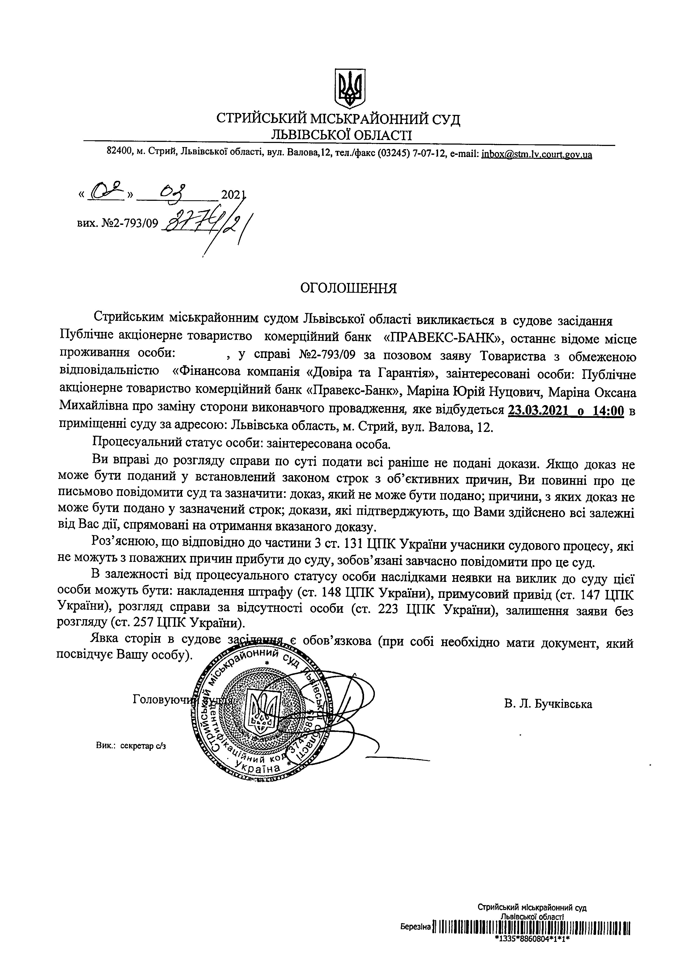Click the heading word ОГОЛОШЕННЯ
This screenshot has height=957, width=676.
(x=349, y=288)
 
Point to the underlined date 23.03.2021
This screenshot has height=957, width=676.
(x=539, y=411)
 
